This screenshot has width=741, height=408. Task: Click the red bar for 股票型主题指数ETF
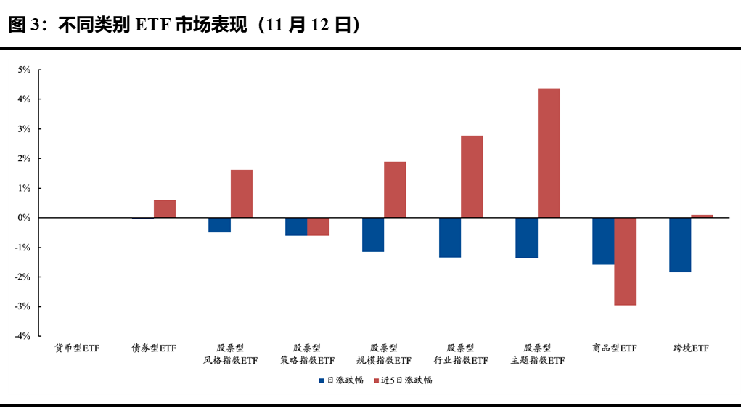coord(548,152)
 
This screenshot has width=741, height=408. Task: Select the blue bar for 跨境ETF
coord(680,245)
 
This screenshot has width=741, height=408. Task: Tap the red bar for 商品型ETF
coord(625,261)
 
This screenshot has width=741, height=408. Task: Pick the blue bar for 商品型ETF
coord(603,241)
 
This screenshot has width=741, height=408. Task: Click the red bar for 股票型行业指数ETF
coord(471,176)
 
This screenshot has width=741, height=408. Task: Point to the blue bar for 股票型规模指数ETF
coord(373,234)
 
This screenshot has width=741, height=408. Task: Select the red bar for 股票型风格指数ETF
coord(241,193)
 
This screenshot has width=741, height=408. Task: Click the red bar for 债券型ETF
coord(164,208)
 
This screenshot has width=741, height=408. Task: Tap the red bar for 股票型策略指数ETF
coord(318,227)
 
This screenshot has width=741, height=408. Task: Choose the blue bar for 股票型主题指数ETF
coord(526,237)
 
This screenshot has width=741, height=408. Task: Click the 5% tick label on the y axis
coord(24,70)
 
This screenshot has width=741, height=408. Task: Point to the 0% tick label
coord(24,218)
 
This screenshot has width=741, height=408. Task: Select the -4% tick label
coord(22,336)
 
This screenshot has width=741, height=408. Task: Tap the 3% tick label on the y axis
coord(24,129)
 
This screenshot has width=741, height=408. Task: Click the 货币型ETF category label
coord(77,348)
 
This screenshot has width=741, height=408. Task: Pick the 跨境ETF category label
coord(690,348)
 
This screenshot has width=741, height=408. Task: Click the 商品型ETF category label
coord(614,348)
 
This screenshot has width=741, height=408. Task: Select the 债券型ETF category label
coord(153,348)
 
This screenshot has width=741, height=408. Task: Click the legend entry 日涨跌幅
coord(340,380)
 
